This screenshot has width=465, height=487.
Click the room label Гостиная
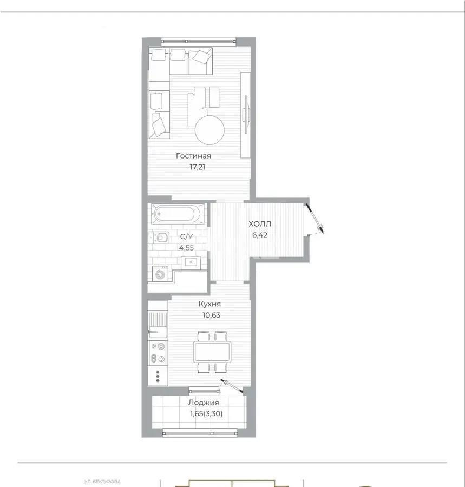pos(193,156)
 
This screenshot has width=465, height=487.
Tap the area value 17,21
pos(193,167)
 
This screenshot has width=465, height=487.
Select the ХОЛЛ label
pos(260,224)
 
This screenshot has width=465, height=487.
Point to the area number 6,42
pos(260,235)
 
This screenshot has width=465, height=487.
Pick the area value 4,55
pos(186,248)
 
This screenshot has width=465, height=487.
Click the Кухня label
pos(208,304)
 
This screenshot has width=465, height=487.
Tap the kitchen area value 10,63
pos(208,315)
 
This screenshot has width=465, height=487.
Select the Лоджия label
pos(204,403)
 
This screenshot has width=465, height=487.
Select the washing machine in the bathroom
pos(160,274)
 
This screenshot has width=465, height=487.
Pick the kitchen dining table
pos(212,352)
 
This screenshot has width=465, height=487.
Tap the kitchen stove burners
pos(158,352)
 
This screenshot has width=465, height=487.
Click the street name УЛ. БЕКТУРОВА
pos(102,481)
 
